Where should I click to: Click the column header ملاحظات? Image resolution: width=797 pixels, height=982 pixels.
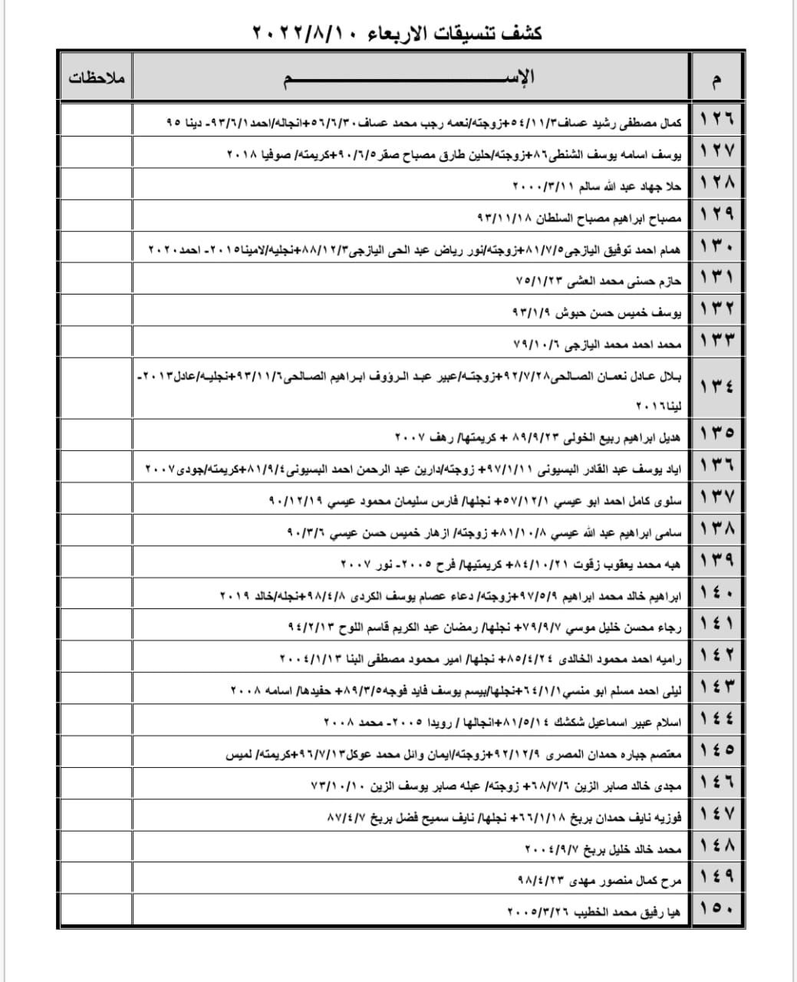(x=97, y=78)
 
